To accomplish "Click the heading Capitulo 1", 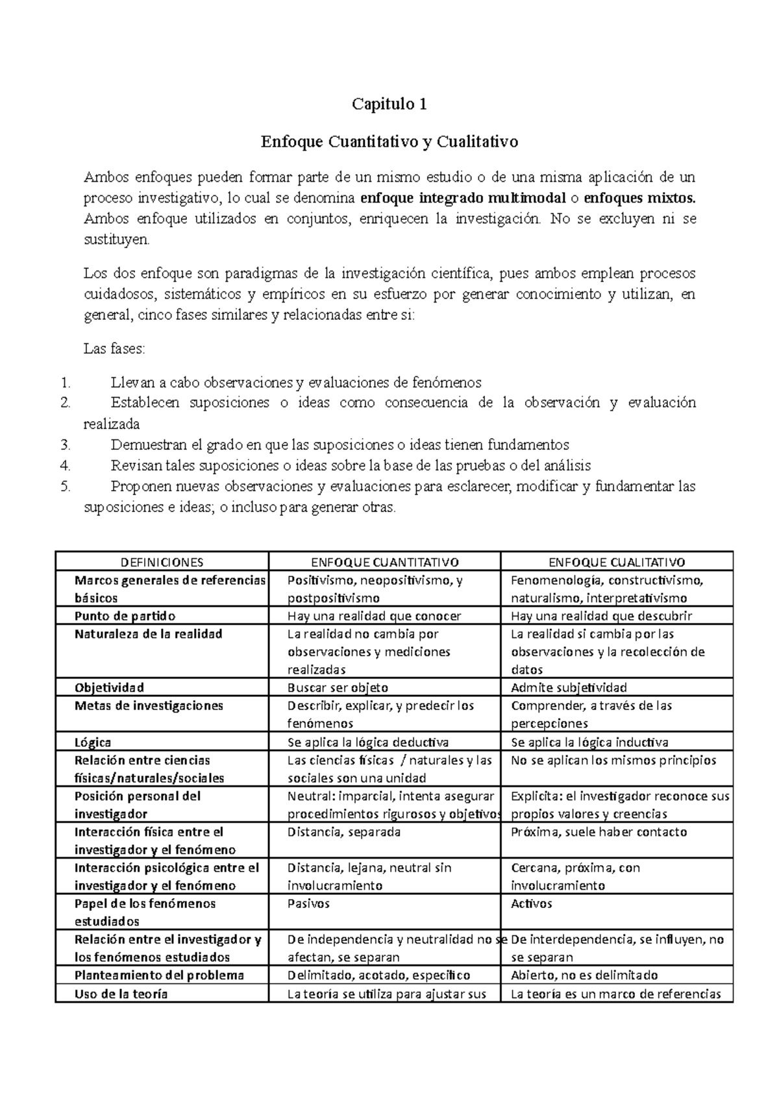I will (x=389, y=104).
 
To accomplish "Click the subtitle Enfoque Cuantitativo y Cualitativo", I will (x=389, y=141).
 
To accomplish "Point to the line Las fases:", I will (x=115, y=349).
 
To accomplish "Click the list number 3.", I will (x=64, y=445).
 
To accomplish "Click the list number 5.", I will (x=64, y=487).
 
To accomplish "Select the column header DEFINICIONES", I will (x=162, y=562).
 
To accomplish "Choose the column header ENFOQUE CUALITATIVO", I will (x=617, y=562).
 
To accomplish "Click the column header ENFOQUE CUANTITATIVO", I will (x=385, y=562).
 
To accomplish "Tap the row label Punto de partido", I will (x=125, y=616).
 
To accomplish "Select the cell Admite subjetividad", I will (x=569, y=687).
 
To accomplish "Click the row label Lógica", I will (x=93, y=742).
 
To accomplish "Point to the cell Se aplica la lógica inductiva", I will (x=589, y=742).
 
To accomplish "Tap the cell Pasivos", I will (x=308, y=903).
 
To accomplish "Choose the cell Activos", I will (x=531, y=903).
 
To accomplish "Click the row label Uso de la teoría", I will (x=121, y=993).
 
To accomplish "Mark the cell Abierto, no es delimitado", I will (x=584, y=975).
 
